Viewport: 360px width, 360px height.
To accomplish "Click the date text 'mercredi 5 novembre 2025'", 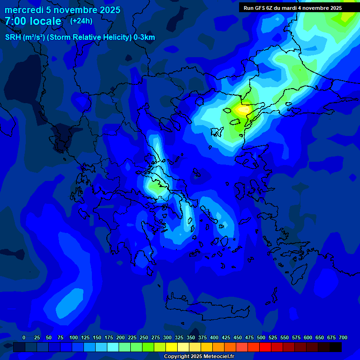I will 62,10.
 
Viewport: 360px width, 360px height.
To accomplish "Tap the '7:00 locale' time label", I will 33,21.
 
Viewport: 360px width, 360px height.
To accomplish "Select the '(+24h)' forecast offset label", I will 81,21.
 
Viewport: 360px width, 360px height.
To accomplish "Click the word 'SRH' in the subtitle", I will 13,37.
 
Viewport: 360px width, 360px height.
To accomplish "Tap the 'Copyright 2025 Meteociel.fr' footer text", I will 199,357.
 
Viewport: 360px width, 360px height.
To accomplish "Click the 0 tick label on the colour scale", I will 24,337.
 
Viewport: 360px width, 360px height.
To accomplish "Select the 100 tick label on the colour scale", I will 74,337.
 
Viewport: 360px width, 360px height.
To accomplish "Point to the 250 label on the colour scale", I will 144,337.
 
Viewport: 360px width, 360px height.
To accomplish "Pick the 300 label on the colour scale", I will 167,337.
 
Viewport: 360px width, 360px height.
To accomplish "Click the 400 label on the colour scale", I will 214,337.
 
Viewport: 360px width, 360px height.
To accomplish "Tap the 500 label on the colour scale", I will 261,337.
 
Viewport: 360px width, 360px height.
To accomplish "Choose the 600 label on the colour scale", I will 308,337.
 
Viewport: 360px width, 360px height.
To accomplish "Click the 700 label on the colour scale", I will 343,337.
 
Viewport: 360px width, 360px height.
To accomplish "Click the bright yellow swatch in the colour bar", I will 172,347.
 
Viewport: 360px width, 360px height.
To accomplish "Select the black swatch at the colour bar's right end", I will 336,347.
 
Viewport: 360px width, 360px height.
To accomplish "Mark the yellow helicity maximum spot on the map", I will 243,110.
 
